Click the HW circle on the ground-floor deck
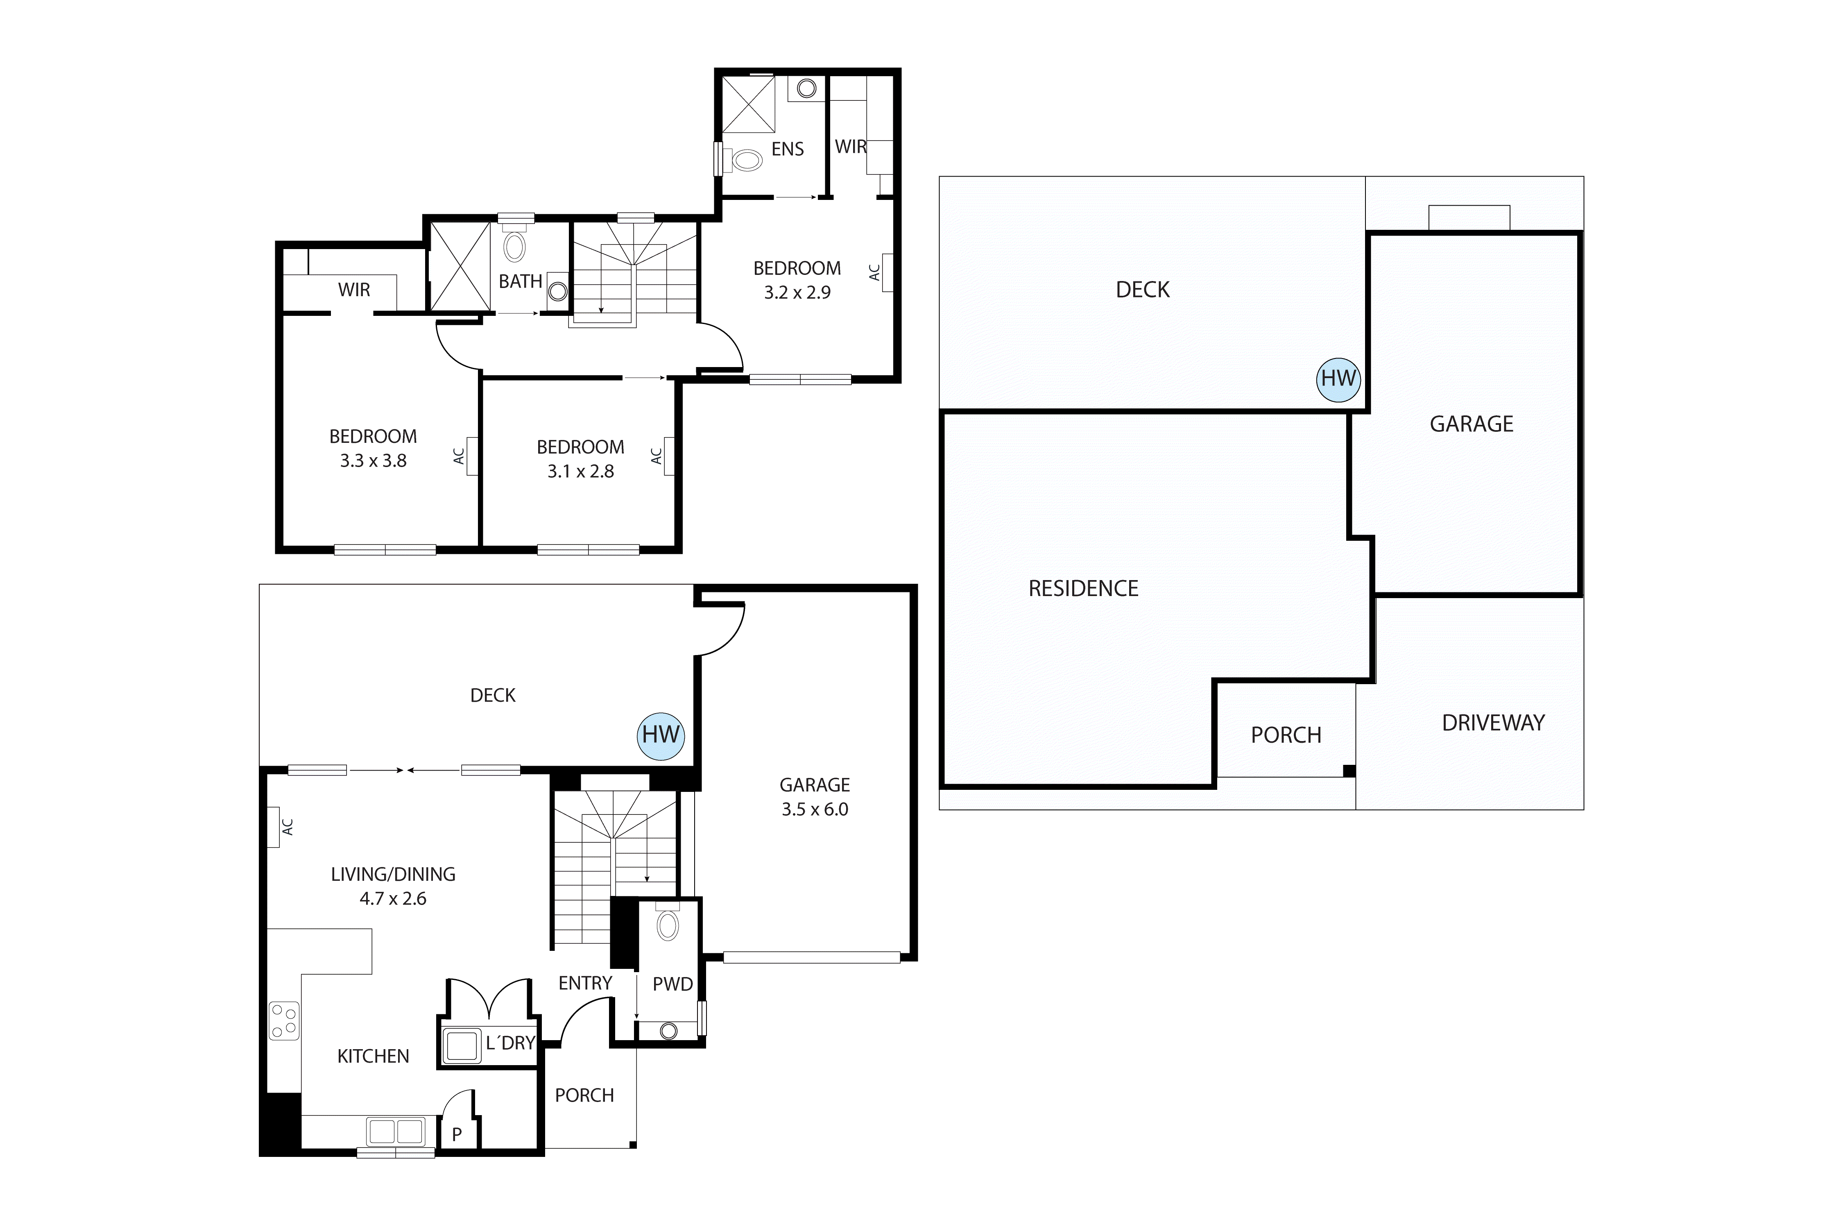pos(661,735)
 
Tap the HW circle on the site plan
pos(1338,379)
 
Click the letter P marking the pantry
pos(457,1134)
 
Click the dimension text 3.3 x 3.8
pos(373,461)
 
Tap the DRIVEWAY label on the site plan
pos(1493,723)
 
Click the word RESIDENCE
pos(1083,589)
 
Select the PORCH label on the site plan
pos(1286,735)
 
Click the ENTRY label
pos(584,983)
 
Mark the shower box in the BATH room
pos(460,267)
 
